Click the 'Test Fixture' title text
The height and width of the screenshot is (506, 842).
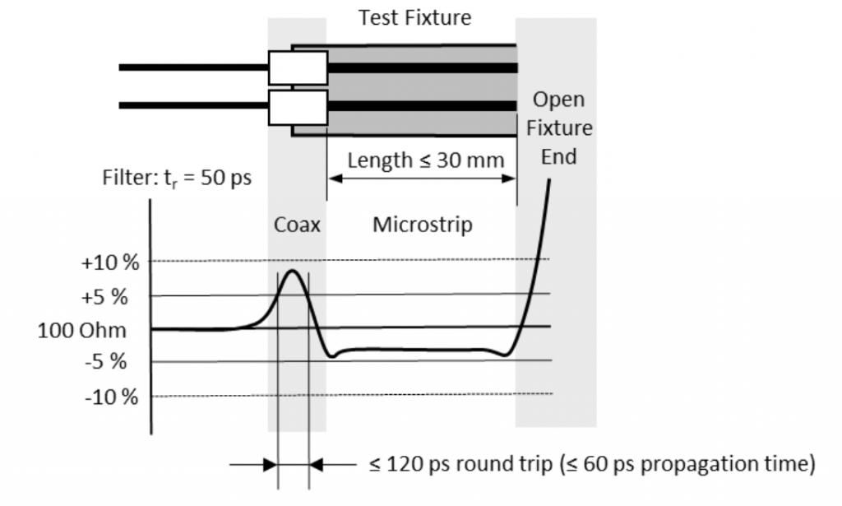click(x=415, y=17)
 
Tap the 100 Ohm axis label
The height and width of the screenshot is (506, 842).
click(x=82, y=331)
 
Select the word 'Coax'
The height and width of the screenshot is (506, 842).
click(x=297, y=225)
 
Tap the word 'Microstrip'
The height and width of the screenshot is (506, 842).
click(x=423, y=225)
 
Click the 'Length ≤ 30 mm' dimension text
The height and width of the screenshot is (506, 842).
click(x=425, y=159)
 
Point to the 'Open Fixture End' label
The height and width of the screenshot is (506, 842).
click(x=558, y=128)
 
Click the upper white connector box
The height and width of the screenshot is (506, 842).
click(x=298, y=67)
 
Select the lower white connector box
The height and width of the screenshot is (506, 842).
click(x=298, y=106)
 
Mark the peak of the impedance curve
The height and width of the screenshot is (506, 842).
click(x=291, y=271)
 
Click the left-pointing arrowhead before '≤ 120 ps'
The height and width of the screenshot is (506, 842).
click(x=318, y=465)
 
